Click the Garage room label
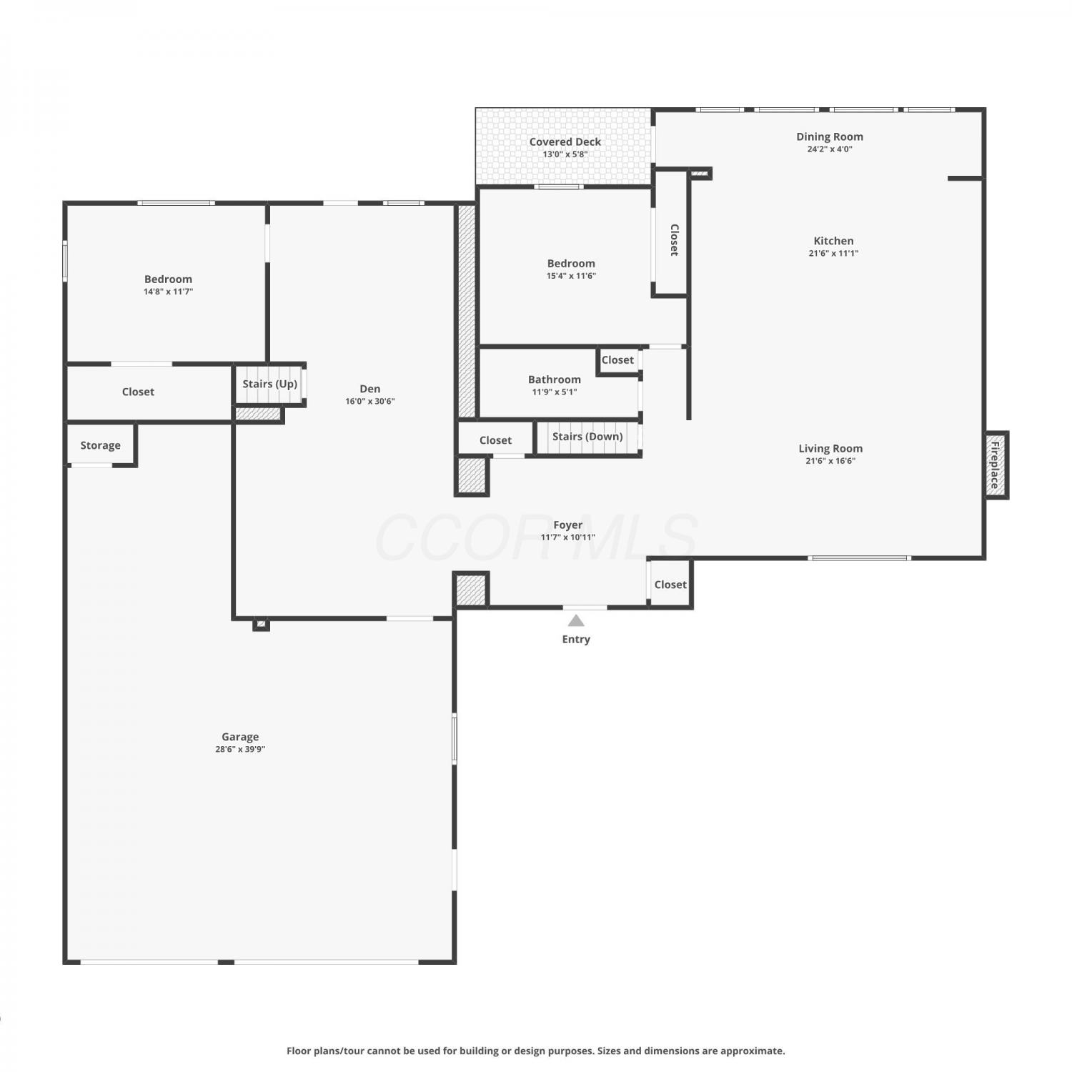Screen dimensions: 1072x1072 240,737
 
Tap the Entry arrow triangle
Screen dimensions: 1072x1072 576,620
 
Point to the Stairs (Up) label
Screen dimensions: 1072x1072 269,384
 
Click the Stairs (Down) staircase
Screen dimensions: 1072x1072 587,437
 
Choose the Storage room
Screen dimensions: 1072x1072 101,445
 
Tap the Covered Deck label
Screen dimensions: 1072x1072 565,142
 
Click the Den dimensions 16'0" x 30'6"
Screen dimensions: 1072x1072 370,402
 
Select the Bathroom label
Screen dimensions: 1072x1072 555,379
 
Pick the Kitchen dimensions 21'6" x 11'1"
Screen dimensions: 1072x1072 833,253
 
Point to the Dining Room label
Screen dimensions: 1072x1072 830,137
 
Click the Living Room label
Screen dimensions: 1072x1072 830,449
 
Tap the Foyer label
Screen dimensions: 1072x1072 568,525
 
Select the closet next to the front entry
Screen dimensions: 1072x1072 670,583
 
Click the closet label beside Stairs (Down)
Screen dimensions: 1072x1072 495,440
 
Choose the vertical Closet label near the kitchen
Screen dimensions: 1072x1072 673,240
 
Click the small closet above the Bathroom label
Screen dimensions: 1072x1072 618,360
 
